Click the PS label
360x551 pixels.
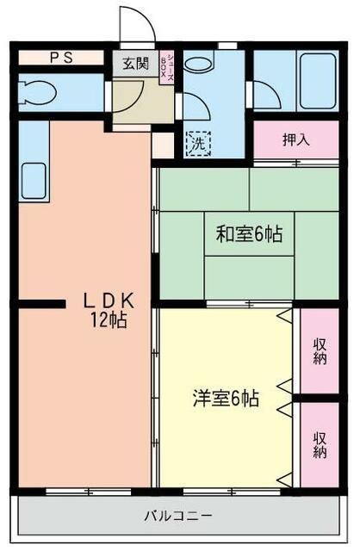(60, 59)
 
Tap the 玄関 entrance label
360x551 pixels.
(133, 64)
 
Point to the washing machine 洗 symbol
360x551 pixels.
(198, 142)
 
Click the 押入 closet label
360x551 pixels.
(296, 138)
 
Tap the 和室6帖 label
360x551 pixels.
(249, 233)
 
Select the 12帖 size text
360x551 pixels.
(109, 321)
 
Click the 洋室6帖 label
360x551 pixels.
(225, 399)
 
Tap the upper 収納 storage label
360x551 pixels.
(320, 351)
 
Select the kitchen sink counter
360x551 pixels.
(33, 164)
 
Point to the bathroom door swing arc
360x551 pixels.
(267, 94)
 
